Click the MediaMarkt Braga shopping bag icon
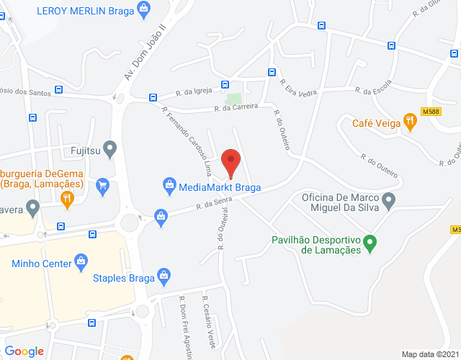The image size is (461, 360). click(x=169, y=185)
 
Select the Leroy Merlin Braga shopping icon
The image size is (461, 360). click(x=145, y=9)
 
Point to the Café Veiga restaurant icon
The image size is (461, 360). click(x=411, y=122)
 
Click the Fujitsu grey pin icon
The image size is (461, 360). click(x=109, y=150)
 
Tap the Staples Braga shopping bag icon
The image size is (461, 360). click(x=164, y=276)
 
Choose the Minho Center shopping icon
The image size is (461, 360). click(x=81, y=261)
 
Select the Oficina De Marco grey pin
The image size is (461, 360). click(x=389, y=201)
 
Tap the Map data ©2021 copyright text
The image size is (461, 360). click(x=429, y=354)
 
